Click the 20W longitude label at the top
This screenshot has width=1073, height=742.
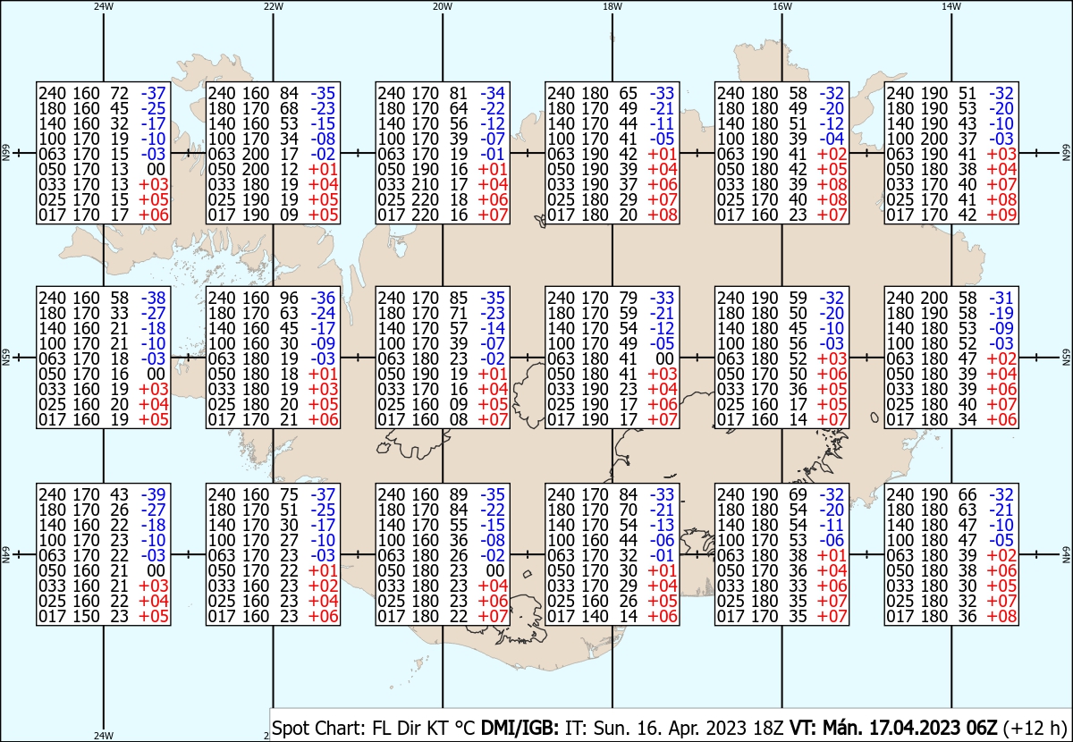(x=442, y=6)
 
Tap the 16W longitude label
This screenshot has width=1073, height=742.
(x=782, y=6)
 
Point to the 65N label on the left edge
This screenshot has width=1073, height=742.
(x=5, y=358)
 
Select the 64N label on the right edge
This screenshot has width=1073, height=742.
(x=1066, y=554)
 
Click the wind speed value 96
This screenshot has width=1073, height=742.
(x=289, y=298)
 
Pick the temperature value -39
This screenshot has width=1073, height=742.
(x=153, y=494)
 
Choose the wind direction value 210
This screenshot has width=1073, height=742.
(x=425, y=184)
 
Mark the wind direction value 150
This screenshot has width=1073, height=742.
(x=85, y=616)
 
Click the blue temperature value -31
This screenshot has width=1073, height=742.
(x=1001, y=298)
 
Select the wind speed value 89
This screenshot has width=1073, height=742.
(x=459, y=494)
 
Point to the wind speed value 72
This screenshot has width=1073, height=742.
(x=119, y=93)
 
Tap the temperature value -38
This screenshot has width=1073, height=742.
(x=153, y=298)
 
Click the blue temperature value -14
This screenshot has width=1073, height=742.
(x=493, y=328)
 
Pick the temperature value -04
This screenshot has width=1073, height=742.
(x=832, y=139)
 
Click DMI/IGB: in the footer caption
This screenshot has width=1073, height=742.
(x=520, y=728)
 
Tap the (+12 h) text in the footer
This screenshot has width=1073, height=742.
(x=1035, y=728)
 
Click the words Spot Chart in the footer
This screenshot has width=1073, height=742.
(x=318, y=728)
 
